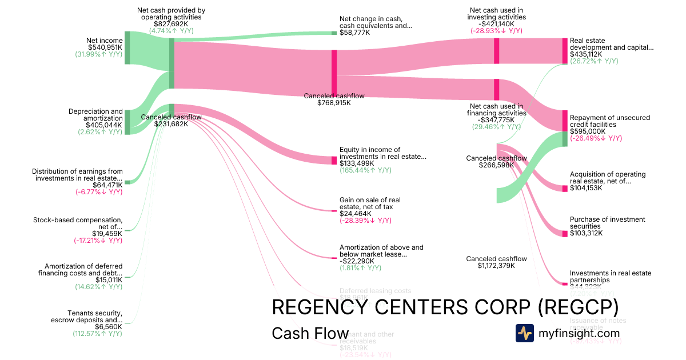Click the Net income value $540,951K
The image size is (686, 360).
click(x=105, y=47)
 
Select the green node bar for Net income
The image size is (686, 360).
click(x=127, y=49)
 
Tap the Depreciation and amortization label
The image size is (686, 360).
click(x=95, y=114)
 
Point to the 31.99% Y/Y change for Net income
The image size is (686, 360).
click(x=98, y=54)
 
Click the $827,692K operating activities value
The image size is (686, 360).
click(x=171, y=24)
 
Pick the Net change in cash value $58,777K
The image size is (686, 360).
click(x=354, y=33)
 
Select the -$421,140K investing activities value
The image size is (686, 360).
click(x=496, y=24)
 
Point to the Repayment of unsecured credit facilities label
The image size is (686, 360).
click(x=609, y=121)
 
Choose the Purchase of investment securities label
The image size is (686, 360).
click(x=607, y=223)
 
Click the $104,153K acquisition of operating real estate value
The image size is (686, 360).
click(x=586, y=188)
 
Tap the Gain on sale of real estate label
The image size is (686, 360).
click(x=370, y=203)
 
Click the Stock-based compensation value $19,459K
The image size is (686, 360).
click(x=107, y=234)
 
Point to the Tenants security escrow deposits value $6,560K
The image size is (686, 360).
click(x=109, y=327)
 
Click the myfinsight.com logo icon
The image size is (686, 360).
click(x=524, y=333)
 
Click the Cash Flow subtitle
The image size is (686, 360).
click(x=310, y=333)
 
